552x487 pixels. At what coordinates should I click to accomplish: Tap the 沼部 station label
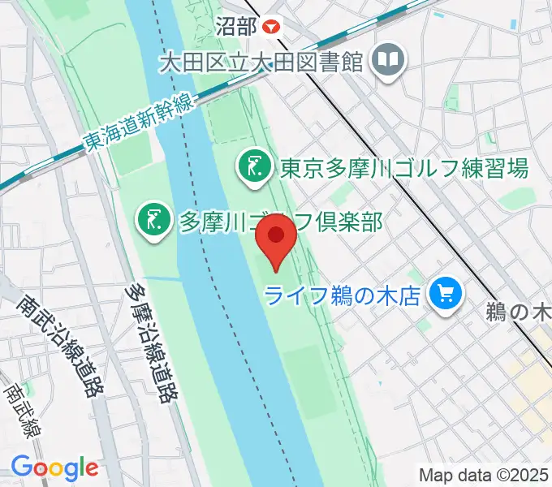(236, 26)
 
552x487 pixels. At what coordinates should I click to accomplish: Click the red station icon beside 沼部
(270, 26)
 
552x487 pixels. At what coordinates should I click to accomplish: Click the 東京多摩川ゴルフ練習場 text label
(404, 168)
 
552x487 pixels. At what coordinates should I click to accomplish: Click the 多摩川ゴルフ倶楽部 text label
(280, 221)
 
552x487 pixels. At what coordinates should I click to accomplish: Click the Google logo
(54, 468)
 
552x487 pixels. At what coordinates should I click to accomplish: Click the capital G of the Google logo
(22, 467)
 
